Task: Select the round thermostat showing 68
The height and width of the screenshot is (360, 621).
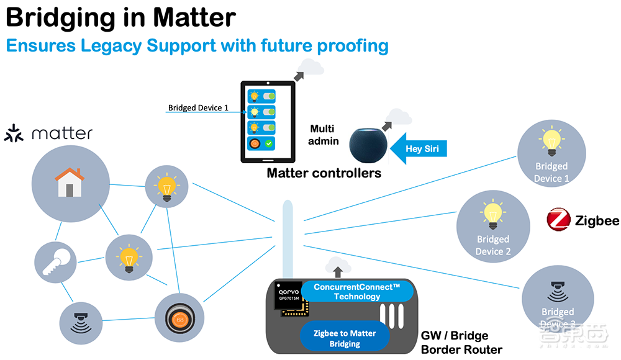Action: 180,319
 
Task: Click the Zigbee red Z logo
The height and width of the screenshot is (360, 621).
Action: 558,221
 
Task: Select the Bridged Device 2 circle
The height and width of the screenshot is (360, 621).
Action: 492,227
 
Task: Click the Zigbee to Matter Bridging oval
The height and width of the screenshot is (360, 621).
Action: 345,338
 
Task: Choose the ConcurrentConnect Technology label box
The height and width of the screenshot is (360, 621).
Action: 357,292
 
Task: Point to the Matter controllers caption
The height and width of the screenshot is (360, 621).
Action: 324,173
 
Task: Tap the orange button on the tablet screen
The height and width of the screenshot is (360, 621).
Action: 255,144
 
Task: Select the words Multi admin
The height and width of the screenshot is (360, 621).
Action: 322,135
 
